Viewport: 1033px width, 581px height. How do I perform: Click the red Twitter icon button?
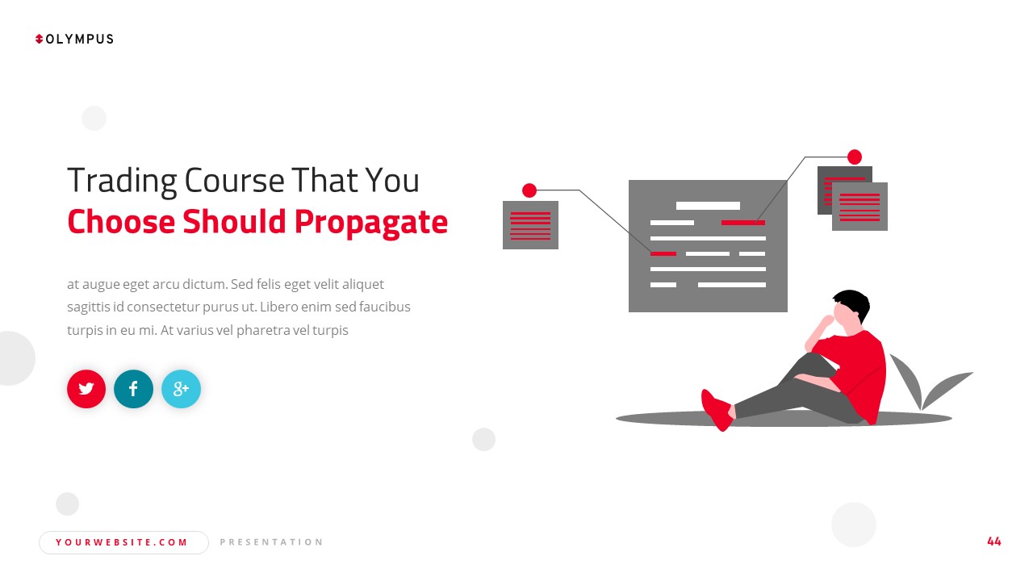86,389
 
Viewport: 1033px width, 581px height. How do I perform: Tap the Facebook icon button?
133,389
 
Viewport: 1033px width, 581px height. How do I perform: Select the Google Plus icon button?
181,389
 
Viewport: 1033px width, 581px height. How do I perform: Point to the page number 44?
993,541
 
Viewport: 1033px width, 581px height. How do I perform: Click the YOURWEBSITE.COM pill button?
123,542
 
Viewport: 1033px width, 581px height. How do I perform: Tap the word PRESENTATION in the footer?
271,542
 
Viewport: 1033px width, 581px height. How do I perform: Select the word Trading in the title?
122,181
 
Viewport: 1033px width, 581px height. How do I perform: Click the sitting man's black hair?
855,300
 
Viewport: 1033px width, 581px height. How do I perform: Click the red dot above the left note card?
529,190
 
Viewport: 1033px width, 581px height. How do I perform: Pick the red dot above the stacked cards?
855,157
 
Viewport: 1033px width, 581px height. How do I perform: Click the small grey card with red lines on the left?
530,225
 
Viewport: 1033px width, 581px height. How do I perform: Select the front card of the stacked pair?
860,207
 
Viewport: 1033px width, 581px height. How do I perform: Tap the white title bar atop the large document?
708,206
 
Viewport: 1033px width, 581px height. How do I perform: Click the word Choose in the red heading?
121,222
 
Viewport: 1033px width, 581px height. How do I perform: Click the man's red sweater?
859,371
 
